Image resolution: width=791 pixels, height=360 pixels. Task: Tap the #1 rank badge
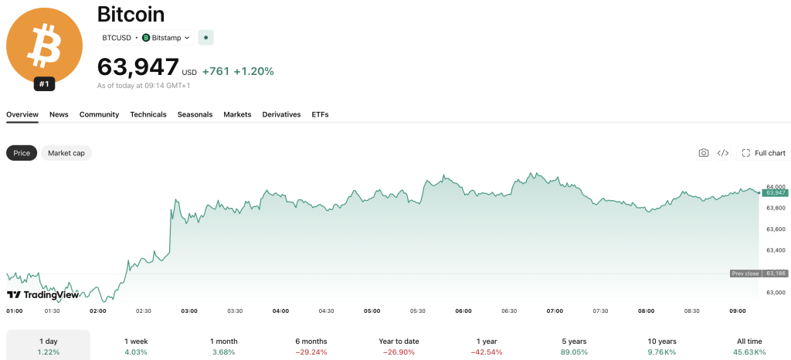click(44, 84)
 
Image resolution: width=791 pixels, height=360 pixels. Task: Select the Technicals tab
click(148, 114)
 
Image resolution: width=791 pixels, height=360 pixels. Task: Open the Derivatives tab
click(281, 114)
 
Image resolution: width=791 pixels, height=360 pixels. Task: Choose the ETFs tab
click(320, 114)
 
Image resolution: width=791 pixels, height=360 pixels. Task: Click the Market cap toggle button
click(66, 153)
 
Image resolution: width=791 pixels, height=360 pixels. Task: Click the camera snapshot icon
click(704, 153)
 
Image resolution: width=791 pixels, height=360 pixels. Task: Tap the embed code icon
click(723, 153)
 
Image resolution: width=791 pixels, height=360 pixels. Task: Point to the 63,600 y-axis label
click(776, 229)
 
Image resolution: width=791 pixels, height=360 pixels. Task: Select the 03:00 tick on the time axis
click(189, 311)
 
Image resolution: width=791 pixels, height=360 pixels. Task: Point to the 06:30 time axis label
click(509, 311)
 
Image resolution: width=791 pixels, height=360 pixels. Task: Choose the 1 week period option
click(136, 346)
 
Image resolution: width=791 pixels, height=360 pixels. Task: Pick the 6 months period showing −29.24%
click(311, 346)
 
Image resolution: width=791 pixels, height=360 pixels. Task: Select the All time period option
click(749, 346)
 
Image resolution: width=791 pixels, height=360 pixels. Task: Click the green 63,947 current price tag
click(776, 192)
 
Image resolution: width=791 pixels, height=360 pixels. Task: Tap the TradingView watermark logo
click(42, 295)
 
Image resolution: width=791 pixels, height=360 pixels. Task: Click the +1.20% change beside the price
click(253, 72)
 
